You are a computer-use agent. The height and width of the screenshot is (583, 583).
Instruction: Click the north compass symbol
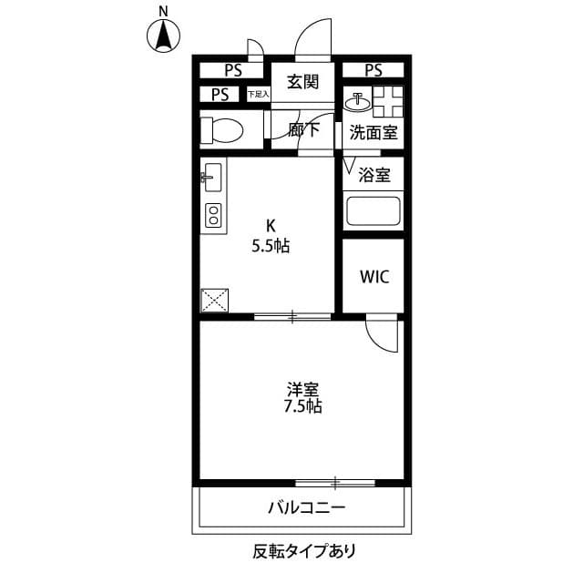point(163,35)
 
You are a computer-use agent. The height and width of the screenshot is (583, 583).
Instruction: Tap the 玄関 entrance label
point(302,82)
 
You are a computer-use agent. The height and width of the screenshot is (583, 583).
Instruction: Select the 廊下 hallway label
point(303,130)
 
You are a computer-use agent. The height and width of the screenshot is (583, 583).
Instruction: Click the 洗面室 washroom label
point(373,132)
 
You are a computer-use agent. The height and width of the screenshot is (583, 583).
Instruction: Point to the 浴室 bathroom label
point(374,173)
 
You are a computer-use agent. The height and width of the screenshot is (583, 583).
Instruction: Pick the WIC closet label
point(373,277)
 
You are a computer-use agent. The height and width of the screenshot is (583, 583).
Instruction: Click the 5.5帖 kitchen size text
point(271,246)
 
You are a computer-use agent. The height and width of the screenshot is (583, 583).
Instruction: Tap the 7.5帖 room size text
point(302,406)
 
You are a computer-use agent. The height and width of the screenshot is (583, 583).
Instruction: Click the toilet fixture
point(221,130)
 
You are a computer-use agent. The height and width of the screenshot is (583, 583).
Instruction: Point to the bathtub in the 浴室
point(373,212)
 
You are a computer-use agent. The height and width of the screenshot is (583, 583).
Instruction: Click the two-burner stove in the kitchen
point(213,216)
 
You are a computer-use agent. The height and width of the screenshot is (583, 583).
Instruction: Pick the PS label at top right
point(373,70)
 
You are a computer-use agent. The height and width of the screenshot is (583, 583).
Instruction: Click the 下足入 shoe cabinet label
point(258,94)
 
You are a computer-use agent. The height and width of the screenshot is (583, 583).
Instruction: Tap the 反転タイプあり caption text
point(304,550)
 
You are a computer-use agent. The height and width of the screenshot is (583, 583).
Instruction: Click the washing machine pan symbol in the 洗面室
point(386,99)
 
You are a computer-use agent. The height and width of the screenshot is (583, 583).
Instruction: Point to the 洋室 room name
point(302,389)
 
